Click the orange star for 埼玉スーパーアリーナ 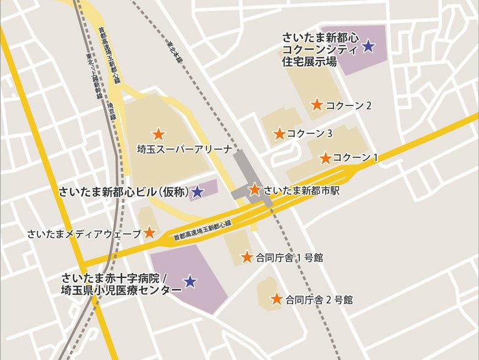coord(158,133)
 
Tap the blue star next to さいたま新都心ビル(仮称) coord(197,192)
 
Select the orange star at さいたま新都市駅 coord(255,190)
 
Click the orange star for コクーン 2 coord(317,105)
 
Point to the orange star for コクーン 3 coord(280,133)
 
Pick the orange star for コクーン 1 coord(325,158)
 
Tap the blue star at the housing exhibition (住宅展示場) coord(368,46)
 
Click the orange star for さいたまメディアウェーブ coord(149,233)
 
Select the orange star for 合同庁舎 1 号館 coord(247,257)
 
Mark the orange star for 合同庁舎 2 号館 coord(277,299)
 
